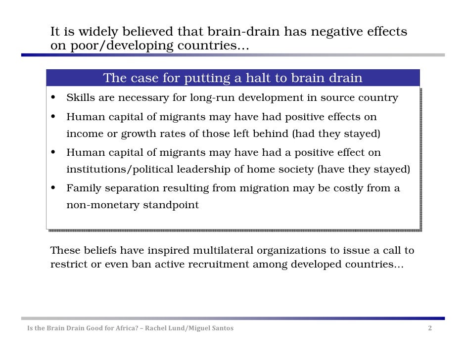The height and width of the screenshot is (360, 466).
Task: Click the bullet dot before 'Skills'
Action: (x=52, y=97)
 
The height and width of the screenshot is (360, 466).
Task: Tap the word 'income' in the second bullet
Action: (x=85, y=134)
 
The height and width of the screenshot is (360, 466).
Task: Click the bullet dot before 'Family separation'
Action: (x=52, y=188)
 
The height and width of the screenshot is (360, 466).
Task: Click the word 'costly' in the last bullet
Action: (x=347, y=188)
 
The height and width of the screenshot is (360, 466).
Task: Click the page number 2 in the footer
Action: (x=430, y=328)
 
